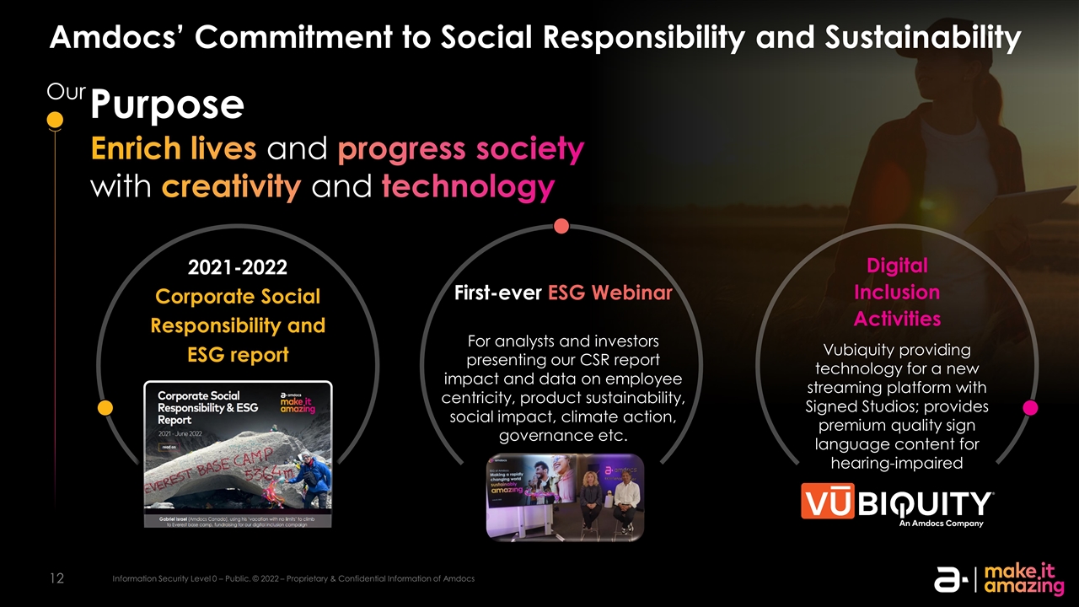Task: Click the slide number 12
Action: (56, 578)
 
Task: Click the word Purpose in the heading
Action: (167, 105)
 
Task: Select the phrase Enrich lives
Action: (174, 149)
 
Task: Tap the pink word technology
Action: (468, 187)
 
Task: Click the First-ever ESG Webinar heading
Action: (563, 293)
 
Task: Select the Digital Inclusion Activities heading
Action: (897, 292)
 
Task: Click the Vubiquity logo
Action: (897, 507)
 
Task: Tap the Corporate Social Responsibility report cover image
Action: (238, 454)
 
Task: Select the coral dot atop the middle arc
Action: (561, 226)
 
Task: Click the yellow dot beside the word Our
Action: (54, 121)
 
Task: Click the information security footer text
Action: (293, 578)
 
